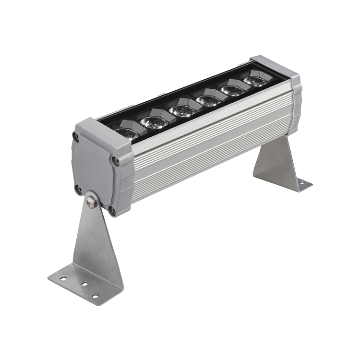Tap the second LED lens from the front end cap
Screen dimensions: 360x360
click(154, 122)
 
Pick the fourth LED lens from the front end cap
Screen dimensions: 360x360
click(209, 100)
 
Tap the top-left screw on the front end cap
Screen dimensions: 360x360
click(76, 136)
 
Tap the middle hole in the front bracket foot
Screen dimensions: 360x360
click(84, 284)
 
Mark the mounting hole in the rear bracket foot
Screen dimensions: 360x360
click(302, 182)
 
